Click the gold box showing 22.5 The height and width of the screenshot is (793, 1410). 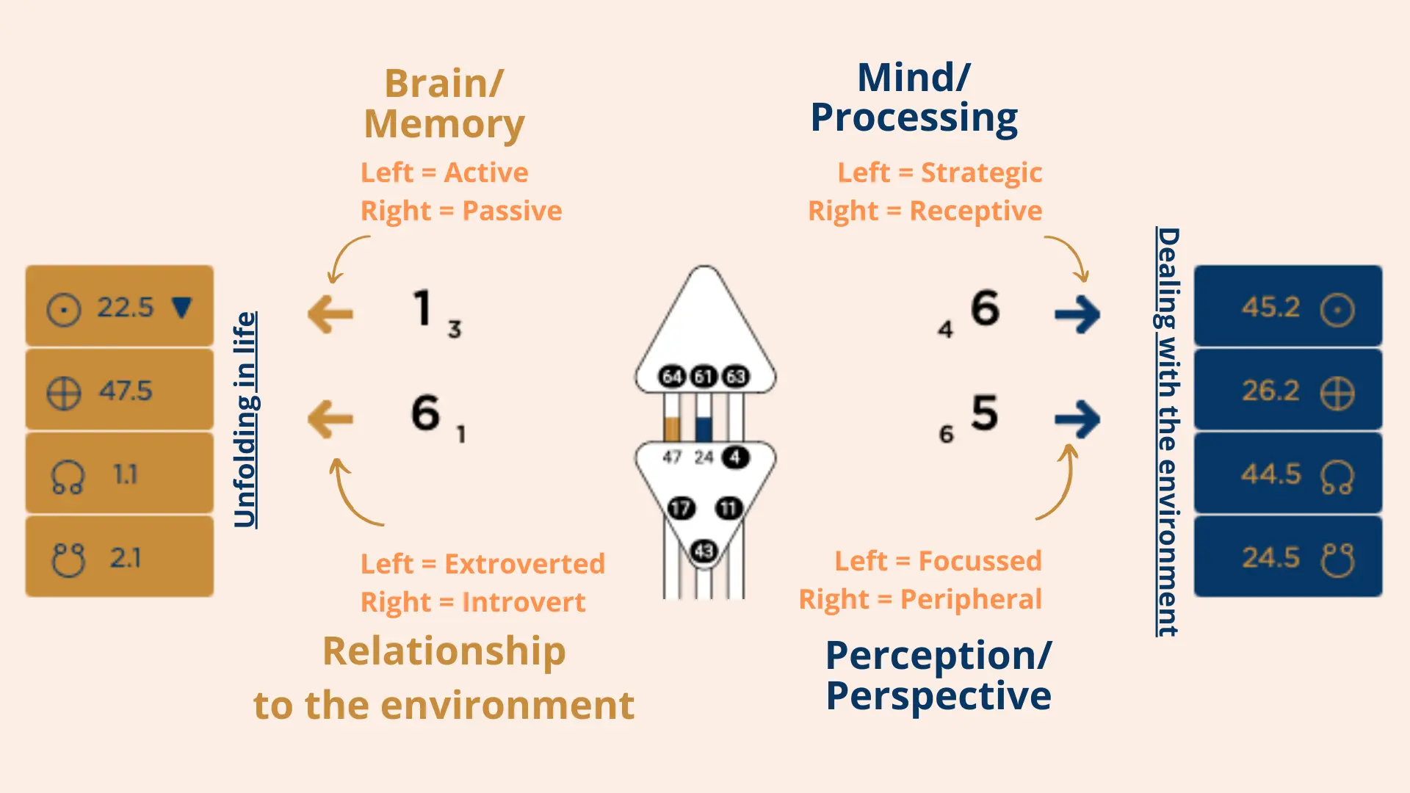[119, 306]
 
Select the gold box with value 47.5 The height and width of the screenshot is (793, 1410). [119, 390]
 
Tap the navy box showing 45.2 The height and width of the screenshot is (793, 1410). [1287, 306]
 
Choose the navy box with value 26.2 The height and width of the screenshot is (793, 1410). [1287, 390]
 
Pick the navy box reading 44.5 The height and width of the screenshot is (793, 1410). [1287, 474]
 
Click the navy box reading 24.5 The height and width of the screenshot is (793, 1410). [1287, 557]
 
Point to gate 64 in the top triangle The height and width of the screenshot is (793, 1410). [672, 377]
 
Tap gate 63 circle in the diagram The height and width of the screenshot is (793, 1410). [736, 377]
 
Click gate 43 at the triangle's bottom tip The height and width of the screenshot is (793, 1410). [704, 551]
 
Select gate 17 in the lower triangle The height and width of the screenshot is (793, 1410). [681, 508]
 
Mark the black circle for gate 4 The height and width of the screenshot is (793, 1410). [735, 457]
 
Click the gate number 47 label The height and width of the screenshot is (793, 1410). [672, 457]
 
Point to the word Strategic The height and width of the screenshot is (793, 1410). [981, 173]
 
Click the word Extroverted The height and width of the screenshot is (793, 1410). [524, 564]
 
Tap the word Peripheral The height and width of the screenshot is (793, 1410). [971, 599]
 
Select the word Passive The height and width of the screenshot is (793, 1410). [512, 211]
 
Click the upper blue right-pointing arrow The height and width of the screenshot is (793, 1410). [1077, 314]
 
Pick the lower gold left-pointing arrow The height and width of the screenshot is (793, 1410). [330, 419]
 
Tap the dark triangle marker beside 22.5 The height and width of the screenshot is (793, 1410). [181, 307]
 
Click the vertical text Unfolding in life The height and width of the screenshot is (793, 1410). [245, 419]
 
